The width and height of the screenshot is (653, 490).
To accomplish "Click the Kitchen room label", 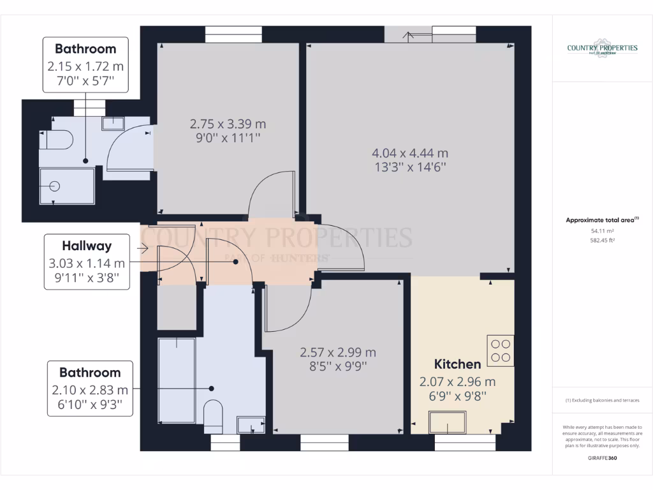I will [457, 364].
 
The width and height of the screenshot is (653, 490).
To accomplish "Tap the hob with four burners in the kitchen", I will [500, 350].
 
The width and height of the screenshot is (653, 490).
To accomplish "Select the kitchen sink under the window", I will [448, 422].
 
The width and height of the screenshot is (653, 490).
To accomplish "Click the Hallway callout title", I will [87, 246].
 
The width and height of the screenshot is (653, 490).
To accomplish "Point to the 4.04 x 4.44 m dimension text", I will [410, 153].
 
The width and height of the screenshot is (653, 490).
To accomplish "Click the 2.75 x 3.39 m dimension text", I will [228, 124].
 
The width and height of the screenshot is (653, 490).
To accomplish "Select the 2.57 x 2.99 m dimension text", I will [337, 352].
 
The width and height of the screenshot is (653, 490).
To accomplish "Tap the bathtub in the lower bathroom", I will [177, 380].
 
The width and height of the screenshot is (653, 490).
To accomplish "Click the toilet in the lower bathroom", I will [212, 414].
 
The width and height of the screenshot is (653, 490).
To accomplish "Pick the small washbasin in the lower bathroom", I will [250, 424].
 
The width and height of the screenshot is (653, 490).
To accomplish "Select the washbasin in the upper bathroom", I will [115, 123].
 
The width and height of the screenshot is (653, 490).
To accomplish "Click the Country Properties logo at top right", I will [602, 49].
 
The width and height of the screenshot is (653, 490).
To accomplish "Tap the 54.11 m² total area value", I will [602, 231].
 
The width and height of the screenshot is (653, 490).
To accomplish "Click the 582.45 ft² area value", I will [602, 241].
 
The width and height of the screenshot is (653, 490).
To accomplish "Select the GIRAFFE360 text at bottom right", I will [602, 457].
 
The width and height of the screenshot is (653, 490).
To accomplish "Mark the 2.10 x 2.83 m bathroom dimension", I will [90, 390].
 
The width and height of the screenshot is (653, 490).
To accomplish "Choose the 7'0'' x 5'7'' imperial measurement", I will [85, 82].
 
